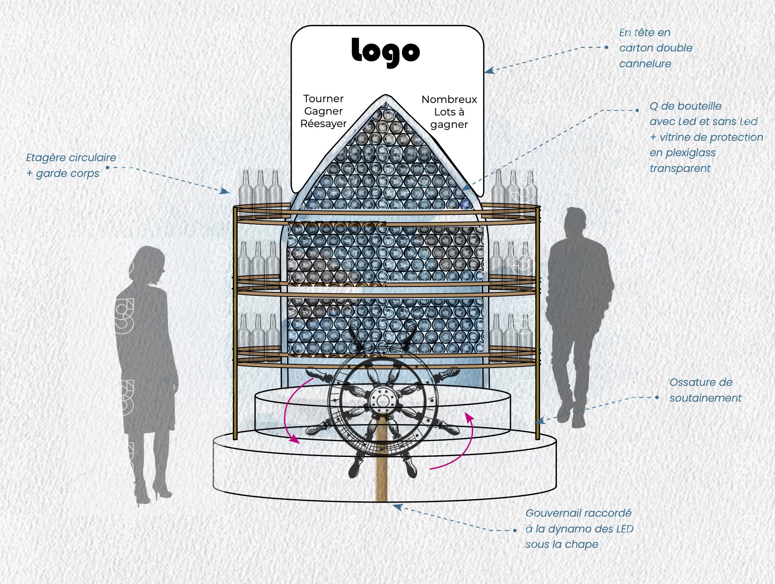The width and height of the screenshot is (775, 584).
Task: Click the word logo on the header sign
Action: (x=385, y=52)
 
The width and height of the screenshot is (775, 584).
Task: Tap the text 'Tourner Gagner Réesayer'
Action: (x=323, y=111)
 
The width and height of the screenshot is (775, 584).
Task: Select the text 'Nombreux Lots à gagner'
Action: (x=449, y=112)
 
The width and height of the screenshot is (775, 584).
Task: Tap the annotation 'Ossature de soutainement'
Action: (x=705, y=390)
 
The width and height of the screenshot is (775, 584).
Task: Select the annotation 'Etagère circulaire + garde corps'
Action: (x=71, y=165)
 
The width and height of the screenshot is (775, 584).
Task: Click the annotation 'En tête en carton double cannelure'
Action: (x=655, y=48)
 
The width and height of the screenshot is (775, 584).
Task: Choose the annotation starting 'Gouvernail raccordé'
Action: (x=579, y=528)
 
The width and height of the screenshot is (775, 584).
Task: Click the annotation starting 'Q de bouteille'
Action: (x=706, y=137)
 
